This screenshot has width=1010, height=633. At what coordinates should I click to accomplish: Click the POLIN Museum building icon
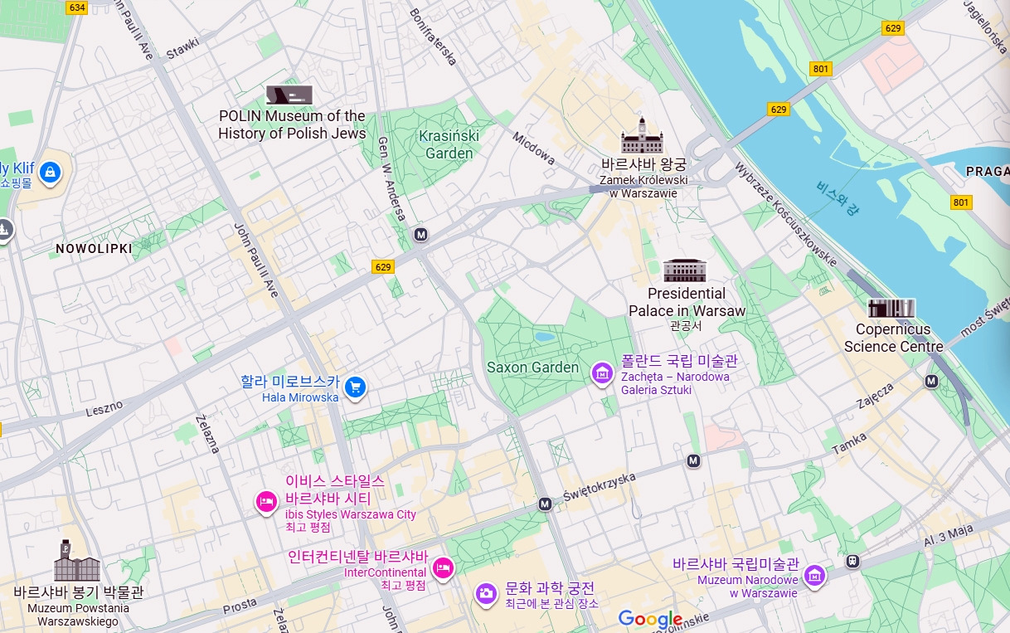click(x=289, y=95)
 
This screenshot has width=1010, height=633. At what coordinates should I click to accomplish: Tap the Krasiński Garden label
click(x=449, y=144)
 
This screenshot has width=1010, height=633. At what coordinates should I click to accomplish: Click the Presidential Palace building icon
click(x=685, y=270)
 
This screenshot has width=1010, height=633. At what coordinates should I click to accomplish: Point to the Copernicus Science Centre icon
click(x=891, y=308)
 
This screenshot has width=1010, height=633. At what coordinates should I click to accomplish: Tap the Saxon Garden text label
click(x=532, y=368)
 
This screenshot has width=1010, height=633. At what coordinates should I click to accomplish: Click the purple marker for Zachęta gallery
click(x=601, y=373)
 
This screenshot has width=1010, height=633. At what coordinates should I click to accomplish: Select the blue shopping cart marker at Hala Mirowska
click(x=356, y=387)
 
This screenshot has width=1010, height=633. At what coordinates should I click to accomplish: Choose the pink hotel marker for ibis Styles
click(x=266, y=501)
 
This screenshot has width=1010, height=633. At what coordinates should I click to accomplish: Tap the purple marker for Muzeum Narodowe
click(x=815, y=575)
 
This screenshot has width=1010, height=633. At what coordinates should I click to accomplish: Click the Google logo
click(x=650, y=619)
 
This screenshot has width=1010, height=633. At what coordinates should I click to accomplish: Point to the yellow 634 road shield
click(x=77, y=7)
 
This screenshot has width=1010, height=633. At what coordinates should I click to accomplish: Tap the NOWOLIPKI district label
click(x=94, y=248)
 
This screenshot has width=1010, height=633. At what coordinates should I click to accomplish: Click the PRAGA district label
click(x=987, y=171)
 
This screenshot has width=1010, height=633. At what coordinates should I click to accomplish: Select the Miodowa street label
click(x=533, y=148)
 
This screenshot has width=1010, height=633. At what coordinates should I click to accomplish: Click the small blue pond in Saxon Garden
click(x=545, y=337)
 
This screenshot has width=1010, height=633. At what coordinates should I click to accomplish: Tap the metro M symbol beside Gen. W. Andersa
click(x=421, y=235)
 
